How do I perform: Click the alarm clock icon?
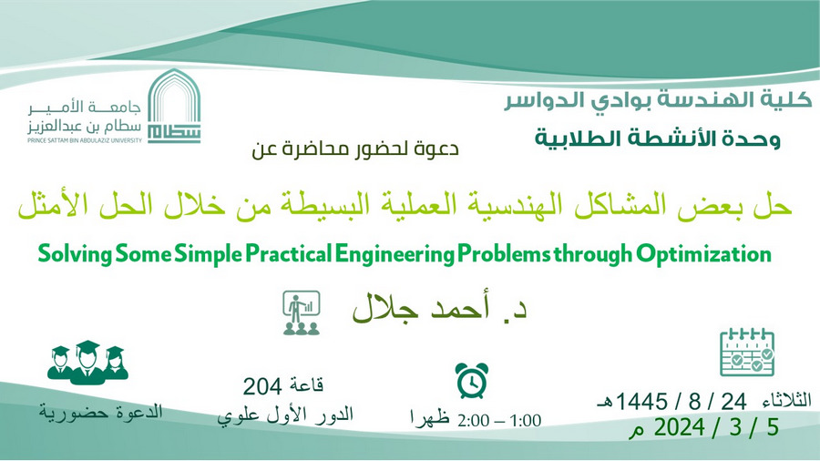pyautogui.click(x=472, y=381)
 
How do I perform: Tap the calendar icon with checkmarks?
pyautogui.click(x=747, y=353)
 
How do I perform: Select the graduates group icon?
pyautogui.click(x=87, y=363)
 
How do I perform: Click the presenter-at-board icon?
pyautogui.click(x=302, y=312)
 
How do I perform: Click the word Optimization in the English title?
pyautogui.click(x=704, y=254)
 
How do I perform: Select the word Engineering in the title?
pyautogui.click(x=395, y=254)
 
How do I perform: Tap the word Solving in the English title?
pyautogui.click(x=75, y=254)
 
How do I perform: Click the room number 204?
pyautogui.click(x=262, y=387)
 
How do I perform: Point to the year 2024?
pyautogui.click(x=680, y=427)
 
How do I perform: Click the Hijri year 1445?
pyautogui.click(x=641, y=402)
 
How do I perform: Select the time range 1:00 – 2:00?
pyautogui.click(x=499, y=420)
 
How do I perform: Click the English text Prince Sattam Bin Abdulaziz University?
pyautogui.click(x=85, y=140)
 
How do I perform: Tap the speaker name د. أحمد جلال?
pyautogui.click(x=439, y=308)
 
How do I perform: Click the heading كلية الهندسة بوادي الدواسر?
pyautogui.click(x=658, y=100)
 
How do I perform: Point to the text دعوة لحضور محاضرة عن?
pyautogui.click(x=355, y=149)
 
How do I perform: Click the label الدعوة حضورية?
pyautogui.click(x=101, y=412)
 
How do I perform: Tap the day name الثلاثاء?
pyautogui.click(x=787, y=400)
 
